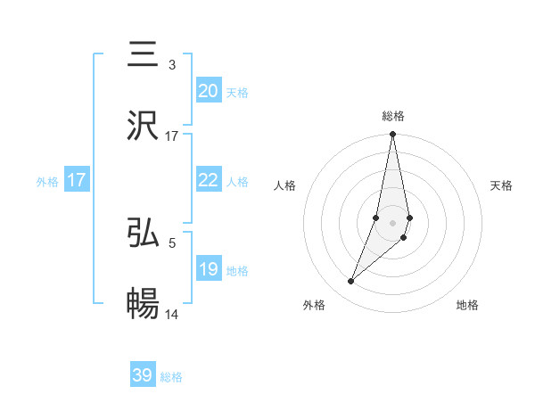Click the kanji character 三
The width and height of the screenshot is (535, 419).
pyautogui.click(x=143, y=54)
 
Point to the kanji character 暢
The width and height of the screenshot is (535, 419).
pyautogui.click(x=143, y=304)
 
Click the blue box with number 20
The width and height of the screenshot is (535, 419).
pyautogui.click(x=209, y=90)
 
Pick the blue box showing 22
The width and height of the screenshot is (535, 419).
pyautogui.click(x=209, y=180)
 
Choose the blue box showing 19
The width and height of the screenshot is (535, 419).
pyautogui.click(x=209, y=269)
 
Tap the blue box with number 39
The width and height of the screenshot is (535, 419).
pyautogui.click(x=143, y=375)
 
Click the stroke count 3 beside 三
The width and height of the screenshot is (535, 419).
pyautogui.click(x=172, y=64)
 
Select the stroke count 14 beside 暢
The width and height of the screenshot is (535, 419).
pyautogui.click(x=172, y=314)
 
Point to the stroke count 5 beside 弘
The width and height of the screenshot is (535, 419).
pyautogui.click(x=172, y=241)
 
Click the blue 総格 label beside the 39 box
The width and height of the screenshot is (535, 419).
pyautogui.click(x=171, y=377)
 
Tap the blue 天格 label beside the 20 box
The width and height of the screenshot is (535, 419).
pyautogui.click(x=237, y=92)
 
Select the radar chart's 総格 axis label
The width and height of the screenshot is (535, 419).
pyautogui.click(x=392, y=116)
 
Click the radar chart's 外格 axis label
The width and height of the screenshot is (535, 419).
pyautogui.click(x=313, y=306)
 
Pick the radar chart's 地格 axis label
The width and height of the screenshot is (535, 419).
pyautogui.click(x=467, y=306)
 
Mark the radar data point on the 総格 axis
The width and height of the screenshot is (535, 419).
pyautogui.click(x=392, y=135)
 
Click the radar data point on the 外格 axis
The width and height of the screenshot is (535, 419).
pyautogui.click(x=350, y=282)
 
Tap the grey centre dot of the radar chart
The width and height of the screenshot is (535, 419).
pyautogui.click(x=392, y=222)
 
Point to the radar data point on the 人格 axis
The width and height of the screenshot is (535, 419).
pyautogui.click(x=376, y=217)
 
